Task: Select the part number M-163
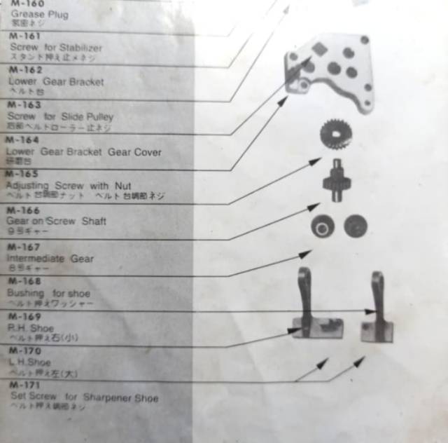24,105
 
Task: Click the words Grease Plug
39,15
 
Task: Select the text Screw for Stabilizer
56,48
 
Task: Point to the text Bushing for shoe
48,293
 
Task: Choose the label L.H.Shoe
29,362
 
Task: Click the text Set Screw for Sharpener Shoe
84,398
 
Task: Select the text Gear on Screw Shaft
56,221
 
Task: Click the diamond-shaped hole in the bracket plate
319,48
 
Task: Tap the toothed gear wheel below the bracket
335,133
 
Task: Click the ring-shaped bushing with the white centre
323,226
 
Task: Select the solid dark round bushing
356,226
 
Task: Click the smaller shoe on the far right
377,312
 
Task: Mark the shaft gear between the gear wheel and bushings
336,182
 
